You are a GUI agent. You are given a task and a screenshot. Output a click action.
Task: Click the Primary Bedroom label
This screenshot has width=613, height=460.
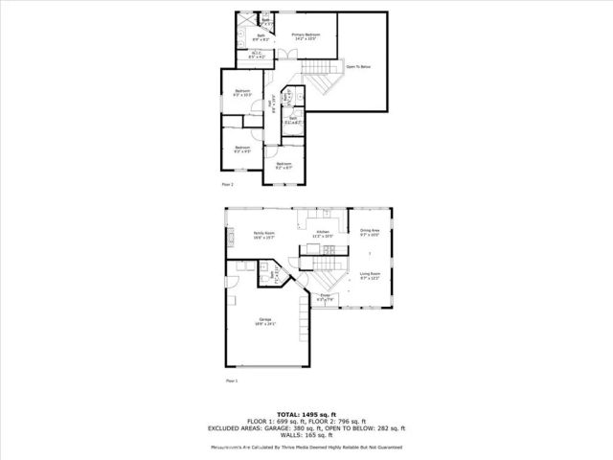306,35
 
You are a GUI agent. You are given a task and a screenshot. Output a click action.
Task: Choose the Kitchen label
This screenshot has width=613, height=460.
323,233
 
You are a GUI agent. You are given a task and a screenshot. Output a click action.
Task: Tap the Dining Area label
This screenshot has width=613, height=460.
370,232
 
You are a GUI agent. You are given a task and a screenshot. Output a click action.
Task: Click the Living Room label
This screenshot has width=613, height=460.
370,276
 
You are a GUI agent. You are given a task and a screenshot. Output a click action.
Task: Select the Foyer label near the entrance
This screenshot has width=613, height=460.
325,298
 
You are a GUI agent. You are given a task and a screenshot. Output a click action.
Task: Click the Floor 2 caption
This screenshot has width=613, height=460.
227,182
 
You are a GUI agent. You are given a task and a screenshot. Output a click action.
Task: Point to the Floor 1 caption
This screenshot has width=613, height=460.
231,380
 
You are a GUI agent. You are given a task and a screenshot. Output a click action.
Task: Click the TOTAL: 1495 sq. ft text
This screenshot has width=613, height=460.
306,413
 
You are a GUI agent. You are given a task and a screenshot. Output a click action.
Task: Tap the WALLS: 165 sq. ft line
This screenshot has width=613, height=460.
306,436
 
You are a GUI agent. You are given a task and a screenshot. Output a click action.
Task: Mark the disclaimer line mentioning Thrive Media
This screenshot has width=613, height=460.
306,447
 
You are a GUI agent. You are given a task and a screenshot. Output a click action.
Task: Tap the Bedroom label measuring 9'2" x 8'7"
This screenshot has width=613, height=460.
284,166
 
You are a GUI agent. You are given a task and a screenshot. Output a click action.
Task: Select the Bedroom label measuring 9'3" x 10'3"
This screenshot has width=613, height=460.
242,93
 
